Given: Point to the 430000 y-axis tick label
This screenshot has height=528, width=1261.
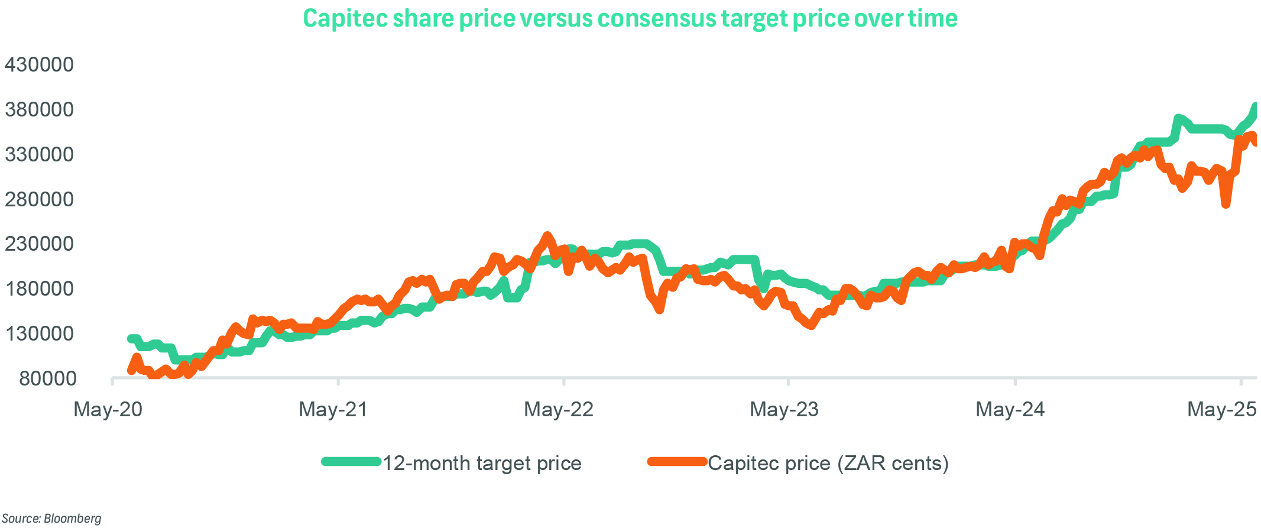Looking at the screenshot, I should [39, 64].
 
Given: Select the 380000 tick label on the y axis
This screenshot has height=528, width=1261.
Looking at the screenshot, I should [39, 109].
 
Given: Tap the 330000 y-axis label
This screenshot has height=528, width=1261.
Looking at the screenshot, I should [39, 154].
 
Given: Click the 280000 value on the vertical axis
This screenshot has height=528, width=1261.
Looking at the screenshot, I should [39, 199].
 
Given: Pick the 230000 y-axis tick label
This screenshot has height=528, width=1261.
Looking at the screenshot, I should [39, 244].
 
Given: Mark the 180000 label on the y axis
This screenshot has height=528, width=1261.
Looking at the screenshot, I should [39, 289].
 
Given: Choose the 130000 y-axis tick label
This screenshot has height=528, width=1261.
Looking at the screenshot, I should [39, 333].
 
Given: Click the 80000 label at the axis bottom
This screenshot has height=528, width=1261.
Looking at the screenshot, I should [47, 378].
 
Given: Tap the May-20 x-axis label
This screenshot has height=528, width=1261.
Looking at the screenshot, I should [108, 409].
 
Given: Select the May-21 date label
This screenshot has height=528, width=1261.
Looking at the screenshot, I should [333, 409].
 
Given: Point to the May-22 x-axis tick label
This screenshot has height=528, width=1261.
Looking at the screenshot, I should [559, 409].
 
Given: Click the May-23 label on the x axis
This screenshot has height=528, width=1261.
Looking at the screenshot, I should [784, 409].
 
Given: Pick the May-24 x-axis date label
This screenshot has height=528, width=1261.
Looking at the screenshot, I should [1010, 409].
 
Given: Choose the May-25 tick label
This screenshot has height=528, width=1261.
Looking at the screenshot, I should [1221, 409].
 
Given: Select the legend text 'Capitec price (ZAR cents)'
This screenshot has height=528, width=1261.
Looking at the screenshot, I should [828, 463].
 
